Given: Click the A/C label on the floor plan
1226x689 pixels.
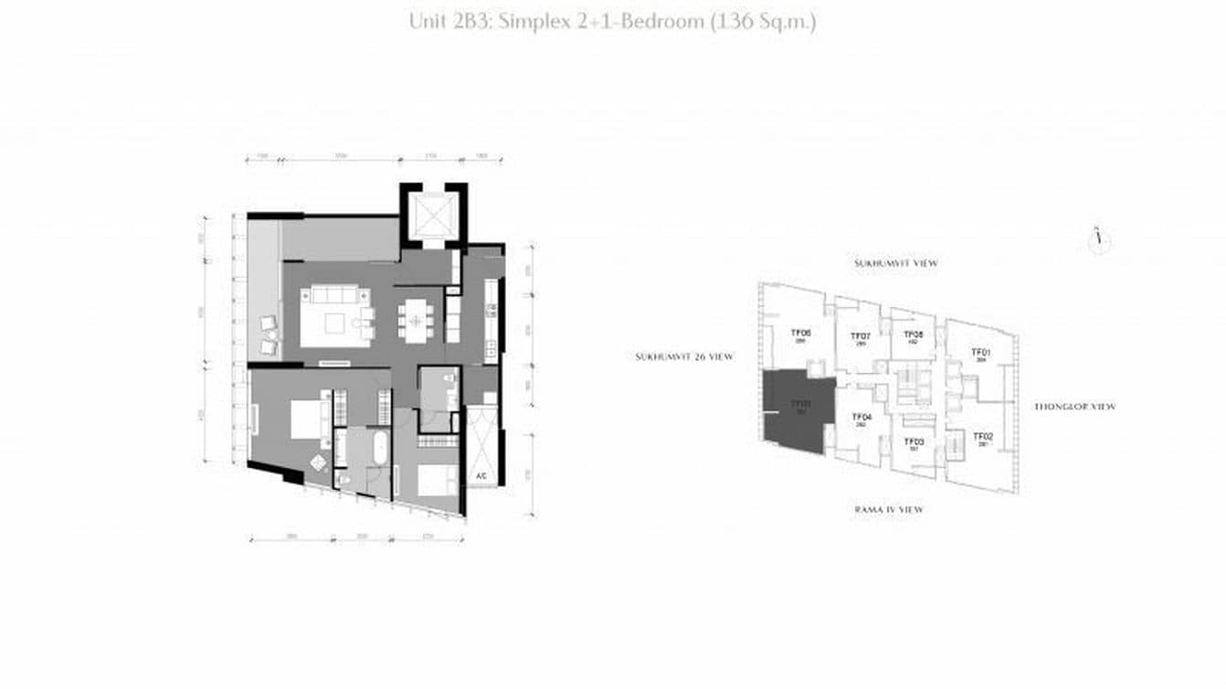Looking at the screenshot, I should (481, 476).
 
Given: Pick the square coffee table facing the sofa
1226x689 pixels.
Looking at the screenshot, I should (335, 323).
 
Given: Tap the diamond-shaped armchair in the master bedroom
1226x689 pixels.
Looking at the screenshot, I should (320, 462).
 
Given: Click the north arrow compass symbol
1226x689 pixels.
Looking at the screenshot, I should (1099, 240).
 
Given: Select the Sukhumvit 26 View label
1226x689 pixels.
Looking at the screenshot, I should (684, 356).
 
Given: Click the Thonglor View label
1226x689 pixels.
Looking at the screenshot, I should (1074, 407).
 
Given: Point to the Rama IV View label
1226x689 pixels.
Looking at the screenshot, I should (888, 509).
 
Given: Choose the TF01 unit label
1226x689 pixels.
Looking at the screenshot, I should (981, 352).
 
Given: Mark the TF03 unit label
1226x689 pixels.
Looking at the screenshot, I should (913, 441).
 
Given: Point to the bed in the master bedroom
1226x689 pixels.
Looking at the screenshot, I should (308, 419).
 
